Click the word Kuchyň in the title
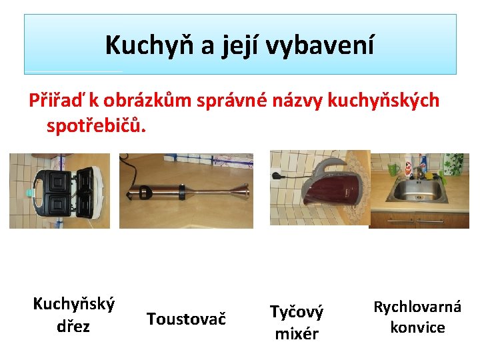149,45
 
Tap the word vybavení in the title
319,45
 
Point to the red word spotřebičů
96,125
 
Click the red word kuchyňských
383,100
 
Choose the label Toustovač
186,319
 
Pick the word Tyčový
296,312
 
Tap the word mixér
297,334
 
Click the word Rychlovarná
417,307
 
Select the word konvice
417,327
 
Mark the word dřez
73,326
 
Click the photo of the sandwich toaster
60,191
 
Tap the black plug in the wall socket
275,176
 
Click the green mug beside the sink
393,169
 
